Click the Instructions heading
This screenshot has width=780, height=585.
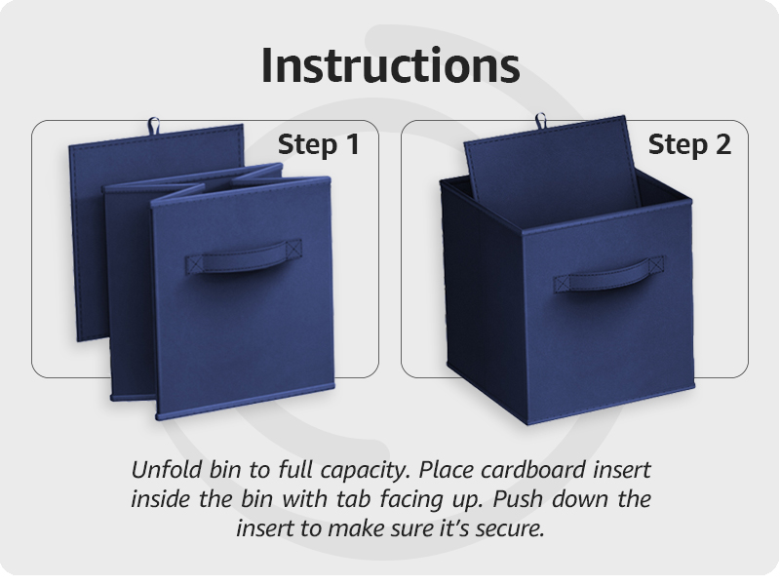click(390, 65)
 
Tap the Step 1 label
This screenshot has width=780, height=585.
click(318, 145)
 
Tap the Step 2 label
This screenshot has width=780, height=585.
click(689, 145)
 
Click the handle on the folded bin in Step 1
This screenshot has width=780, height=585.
click(241, 260)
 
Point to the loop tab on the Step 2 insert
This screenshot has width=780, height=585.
click(541, 121)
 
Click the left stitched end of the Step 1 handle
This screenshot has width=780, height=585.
click(193, 263)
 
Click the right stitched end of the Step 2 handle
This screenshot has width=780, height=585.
click(655, 265)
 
